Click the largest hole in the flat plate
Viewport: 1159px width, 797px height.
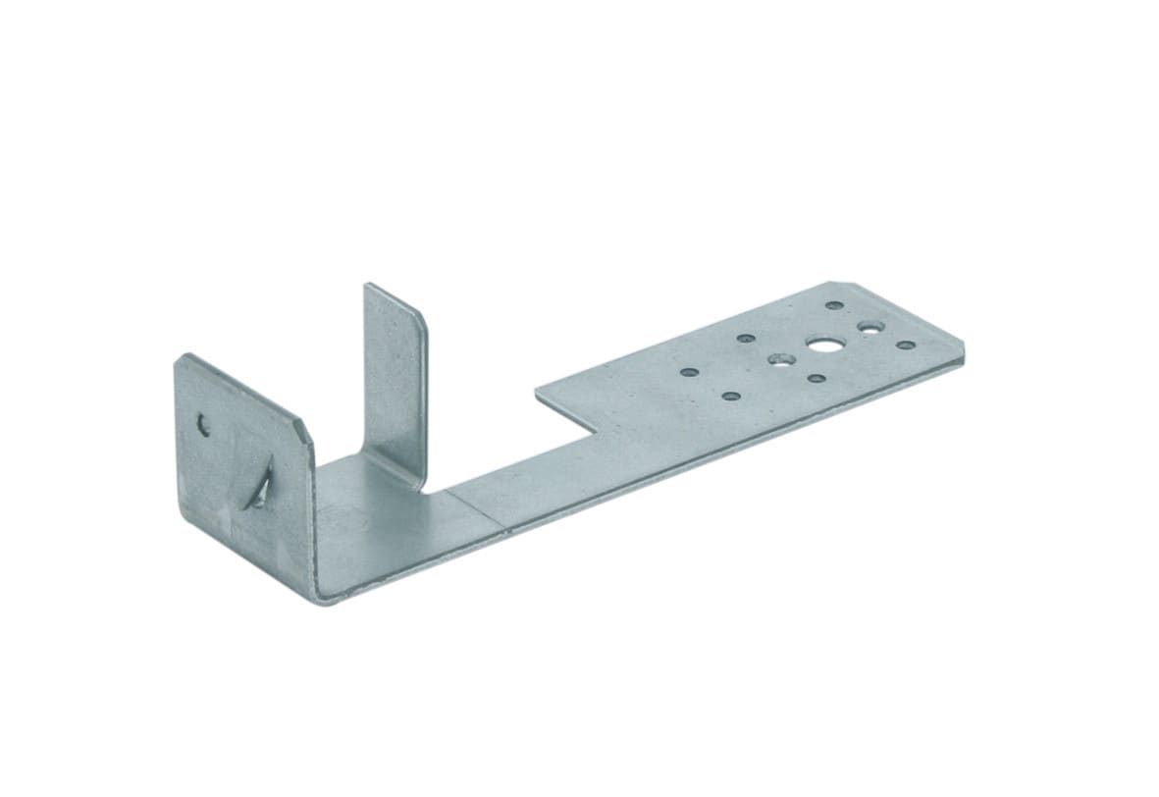point(822,345)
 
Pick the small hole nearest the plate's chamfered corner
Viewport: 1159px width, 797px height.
point(833,305)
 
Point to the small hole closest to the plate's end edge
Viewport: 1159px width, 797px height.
point(905,345)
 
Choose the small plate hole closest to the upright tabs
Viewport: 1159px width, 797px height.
point(689,373)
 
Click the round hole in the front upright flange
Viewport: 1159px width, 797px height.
point(204,425)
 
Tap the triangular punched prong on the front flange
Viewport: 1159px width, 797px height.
point(260,486)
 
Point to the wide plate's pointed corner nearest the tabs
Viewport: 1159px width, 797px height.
point(537,396)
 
